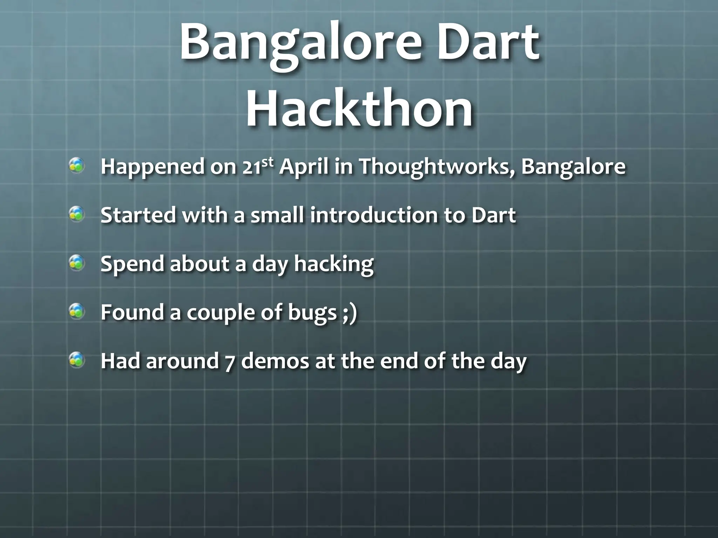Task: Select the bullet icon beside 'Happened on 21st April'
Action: [76, 166]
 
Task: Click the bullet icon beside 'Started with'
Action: [76, 214]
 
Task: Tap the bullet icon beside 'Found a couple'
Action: [76, 311]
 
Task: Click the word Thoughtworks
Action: [436, 167]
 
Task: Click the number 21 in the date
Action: [251, 167]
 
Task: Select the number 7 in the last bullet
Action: [230, 361]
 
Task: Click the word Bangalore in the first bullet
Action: [573, 167]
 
